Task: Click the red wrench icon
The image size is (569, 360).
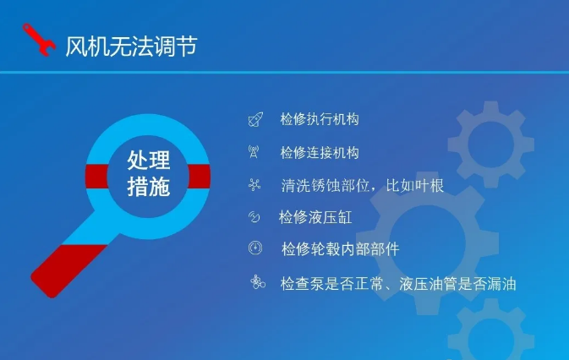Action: (39, 40)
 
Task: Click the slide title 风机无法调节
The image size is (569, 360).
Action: (131, 46)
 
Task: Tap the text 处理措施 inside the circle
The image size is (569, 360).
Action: (149, 173)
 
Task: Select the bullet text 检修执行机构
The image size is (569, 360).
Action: (320, 119)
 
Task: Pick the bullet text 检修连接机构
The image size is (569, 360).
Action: (320, 152)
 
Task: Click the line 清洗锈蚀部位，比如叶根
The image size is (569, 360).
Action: (363, 185)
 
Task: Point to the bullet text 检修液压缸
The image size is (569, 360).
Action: (315, 217)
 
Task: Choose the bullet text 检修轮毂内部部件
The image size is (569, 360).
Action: (341, 249)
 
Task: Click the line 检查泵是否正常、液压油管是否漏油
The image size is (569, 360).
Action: (398, 283)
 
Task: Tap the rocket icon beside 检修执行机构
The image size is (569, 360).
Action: (255, 119)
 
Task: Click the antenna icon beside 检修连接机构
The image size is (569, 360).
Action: (254, 152)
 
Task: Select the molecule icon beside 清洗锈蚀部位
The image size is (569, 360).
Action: (254, 184)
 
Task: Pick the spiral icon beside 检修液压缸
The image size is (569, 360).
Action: (254, 217)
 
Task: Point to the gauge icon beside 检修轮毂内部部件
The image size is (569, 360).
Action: (255, 248)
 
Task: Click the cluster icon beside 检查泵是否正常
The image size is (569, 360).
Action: (258, 282)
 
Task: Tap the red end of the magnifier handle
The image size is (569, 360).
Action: (67, 270)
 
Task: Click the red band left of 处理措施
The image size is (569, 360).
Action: (97, 176)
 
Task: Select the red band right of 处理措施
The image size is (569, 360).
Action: (200, 176)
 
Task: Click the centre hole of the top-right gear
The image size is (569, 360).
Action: (491, 145)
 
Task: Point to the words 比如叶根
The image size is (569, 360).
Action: (415, 185)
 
